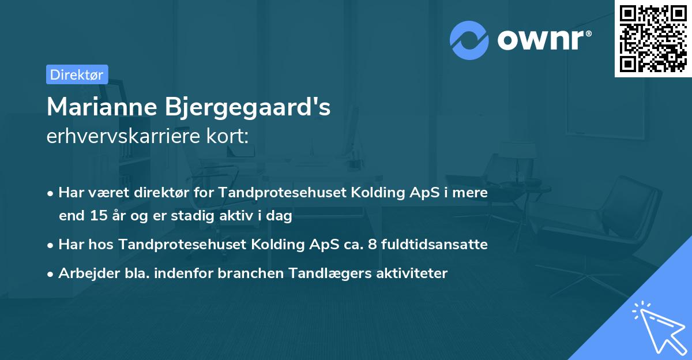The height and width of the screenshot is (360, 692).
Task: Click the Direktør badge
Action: (77, 74)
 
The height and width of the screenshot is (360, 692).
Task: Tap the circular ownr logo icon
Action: (469, 40)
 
